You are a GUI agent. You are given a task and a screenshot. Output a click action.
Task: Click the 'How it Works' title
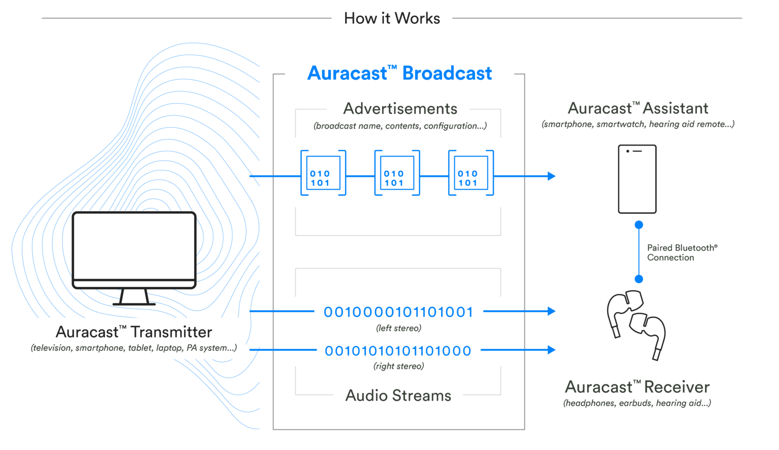(392, 19)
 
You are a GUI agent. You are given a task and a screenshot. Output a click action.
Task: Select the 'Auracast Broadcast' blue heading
(400, 73)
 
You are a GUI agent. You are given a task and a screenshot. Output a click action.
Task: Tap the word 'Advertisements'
(400, 109)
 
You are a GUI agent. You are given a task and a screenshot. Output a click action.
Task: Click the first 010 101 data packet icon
(323, 173)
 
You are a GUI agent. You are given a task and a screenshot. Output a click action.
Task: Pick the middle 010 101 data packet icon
(397, 173)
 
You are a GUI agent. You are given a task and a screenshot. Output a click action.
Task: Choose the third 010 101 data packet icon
(471, 173)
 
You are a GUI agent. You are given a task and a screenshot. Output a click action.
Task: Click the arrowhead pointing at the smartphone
(551, 176)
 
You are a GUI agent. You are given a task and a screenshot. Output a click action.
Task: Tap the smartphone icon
(637, 179)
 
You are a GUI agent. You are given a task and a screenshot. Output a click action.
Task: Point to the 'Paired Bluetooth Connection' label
(682, 252)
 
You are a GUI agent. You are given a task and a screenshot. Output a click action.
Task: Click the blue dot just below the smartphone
(639, 225)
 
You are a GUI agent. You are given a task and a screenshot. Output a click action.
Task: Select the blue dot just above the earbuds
(639, 279)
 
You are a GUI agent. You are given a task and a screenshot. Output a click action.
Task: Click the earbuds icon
(635, 324)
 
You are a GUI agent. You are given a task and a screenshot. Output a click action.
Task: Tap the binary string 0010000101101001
(399, 312)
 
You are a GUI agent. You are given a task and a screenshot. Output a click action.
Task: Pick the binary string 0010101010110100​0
(398, 351)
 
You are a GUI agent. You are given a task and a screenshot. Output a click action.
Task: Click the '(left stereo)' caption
(399, 328)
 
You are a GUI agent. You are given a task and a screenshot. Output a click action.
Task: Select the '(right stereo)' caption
(399, 366)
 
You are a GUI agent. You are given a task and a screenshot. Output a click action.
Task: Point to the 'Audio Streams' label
(398, 395)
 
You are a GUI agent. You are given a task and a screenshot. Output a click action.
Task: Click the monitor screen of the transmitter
(134, 246)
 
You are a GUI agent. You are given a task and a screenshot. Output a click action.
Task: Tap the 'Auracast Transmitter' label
(134, 332)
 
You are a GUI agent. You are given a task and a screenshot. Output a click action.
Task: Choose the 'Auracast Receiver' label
(637, 387)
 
